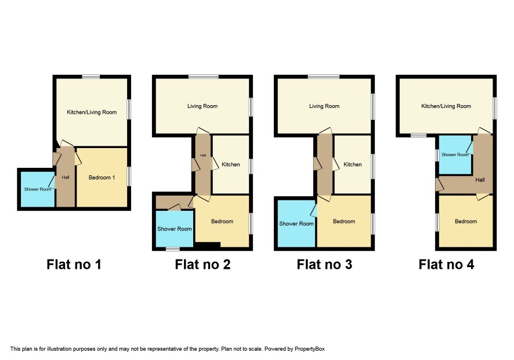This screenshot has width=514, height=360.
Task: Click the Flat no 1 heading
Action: pos(74,264)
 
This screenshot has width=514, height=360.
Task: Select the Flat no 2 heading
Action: pos(202,264)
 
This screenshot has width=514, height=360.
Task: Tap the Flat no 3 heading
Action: pos(324,264)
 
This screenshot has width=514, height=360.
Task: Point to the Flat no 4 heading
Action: pos(447,264)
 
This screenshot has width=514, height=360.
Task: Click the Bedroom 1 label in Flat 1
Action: pos(102,178)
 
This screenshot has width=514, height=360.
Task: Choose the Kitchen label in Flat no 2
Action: pos(231,164)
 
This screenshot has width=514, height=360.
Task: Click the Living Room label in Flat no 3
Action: pos(324,106)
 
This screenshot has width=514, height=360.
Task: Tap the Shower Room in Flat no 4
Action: pos(455,154)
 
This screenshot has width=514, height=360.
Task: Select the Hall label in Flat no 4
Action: pos(480,180)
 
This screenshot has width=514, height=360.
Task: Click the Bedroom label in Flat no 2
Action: pos(222,221)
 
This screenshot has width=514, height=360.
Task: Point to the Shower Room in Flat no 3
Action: pos(296,224)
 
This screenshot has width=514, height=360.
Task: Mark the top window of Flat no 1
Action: pos(91,77)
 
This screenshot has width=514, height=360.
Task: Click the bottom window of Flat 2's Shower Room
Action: pos(173,249)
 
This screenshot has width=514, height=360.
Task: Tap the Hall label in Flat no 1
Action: pos(66,178)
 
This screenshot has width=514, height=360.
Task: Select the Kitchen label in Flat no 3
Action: pos(353,164)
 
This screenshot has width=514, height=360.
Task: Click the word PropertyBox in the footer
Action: pos(309,349)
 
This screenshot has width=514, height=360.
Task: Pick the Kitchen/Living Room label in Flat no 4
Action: pos(446,106)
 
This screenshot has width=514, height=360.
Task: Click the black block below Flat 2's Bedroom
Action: pos(207,245)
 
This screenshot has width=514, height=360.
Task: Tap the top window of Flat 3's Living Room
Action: pos(324,77)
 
